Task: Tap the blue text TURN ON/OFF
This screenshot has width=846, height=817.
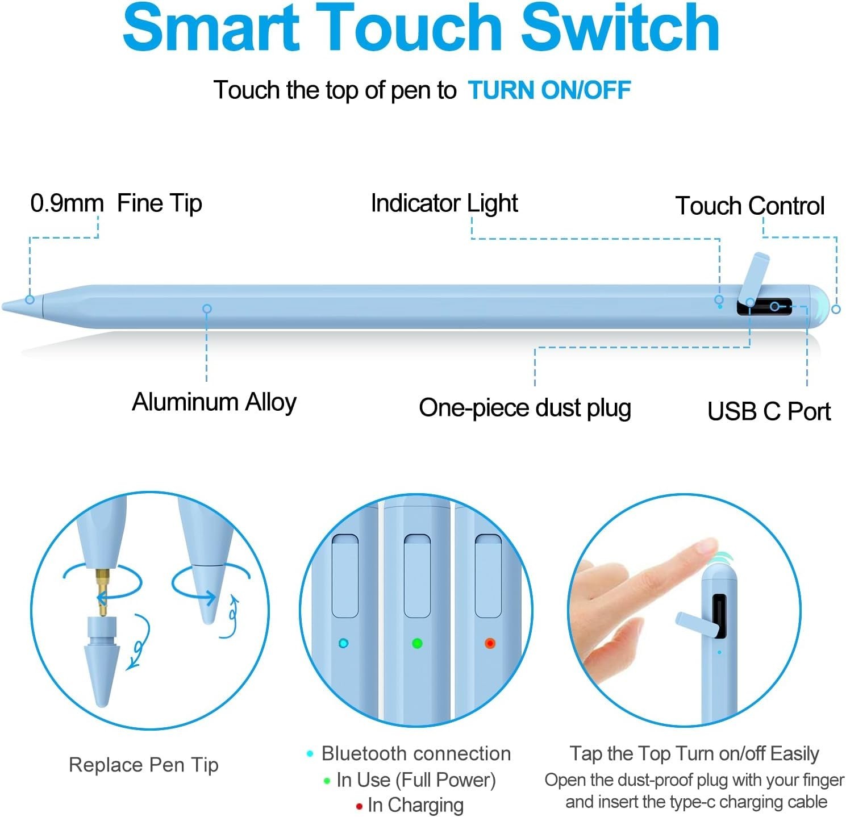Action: [549, 90]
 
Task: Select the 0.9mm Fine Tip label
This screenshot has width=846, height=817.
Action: [116, 203]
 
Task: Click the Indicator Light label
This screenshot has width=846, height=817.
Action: [444, 203]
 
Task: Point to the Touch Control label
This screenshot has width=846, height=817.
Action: [749, 206]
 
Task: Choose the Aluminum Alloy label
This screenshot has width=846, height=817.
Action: [214, 402]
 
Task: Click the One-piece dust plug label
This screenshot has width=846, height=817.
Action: [524, 408]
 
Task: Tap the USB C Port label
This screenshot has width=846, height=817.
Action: [768, 411]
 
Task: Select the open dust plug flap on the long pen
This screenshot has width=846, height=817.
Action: [754, 276]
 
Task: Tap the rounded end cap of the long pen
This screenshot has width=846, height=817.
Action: [818, 307]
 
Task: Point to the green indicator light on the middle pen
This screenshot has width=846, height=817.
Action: [417, 643]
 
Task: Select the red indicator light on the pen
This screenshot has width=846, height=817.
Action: [490, 643]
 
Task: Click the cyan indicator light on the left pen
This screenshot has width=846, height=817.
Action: [343, 643]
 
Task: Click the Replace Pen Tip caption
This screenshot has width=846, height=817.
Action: [143, 765]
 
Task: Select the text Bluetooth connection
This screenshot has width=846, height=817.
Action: [415, 753]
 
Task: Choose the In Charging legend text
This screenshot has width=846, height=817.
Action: [415, 805]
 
